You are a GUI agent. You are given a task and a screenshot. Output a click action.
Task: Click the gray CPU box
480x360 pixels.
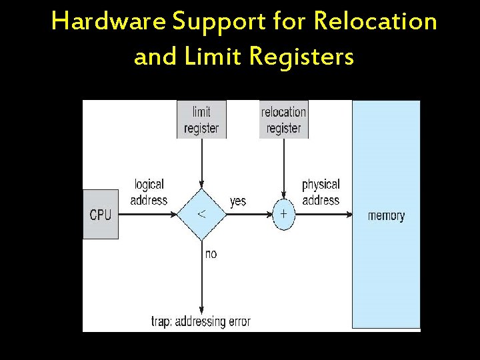click(x=101, y=214)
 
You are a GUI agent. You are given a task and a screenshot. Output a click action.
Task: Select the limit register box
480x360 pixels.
click(x=201, y=120)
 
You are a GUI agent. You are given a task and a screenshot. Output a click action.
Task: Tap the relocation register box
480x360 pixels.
click(x=283, y=120)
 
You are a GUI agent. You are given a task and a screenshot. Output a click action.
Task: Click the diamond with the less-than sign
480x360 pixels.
click(x=201, y=214)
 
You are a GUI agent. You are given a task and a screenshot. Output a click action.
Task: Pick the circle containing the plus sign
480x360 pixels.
click(x=283, y=214)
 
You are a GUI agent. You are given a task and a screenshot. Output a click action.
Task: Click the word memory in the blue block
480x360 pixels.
click(x=386, y=215)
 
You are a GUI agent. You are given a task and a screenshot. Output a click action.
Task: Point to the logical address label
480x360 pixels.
click(x=149, y=192)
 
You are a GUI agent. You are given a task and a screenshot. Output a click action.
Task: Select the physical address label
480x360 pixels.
click(x=321, y=192)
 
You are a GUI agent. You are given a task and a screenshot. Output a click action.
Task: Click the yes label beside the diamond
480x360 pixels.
click(x=237, y=201)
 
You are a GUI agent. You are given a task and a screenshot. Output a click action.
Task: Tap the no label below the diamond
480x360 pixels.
click(x=211, y=254)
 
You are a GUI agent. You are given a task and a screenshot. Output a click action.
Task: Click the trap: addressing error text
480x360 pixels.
click(x=201, y=322)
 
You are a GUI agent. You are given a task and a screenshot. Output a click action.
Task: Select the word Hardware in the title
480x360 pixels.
click(x=108, y=22)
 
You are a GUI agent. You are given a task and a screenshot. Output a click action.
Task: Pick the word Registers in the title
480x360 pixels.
click(x=301, y=57)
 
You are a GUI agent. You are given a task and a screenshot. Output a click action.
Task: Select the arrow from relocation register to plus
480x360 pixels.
click(x=283, y=170)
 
